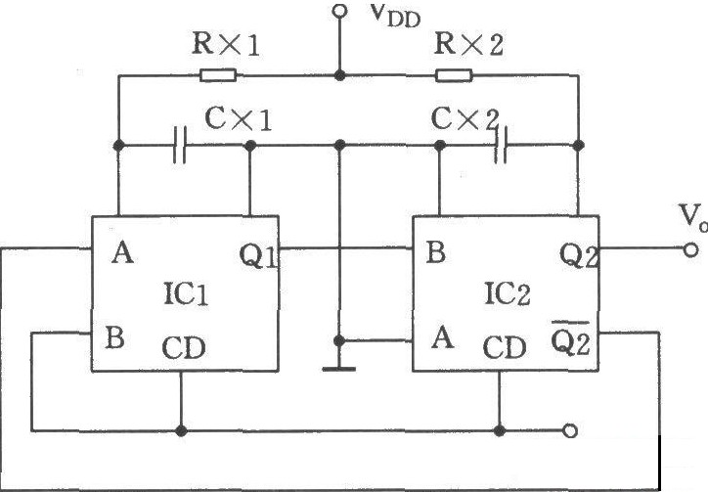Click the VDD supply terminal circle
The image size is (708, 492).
[x=339, y=11]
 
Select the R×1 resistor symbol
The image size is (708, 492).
[x=218, y=75]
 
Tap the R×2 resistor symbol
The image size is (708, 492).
[x=454, y=75]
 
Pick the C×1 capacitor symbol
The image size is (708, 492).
[x=179, y=145]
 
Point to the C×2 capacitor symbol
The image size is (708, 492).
[x=501, y=145]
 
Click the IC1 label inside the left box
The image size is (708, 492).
[x=186, y=293]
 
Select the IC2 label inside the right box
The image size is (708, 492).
[x=508, y=293]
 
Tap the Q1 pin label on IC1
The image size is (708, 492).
[x=259, y=255]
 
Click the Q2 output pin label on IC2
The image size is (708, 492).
[x=579, y=255]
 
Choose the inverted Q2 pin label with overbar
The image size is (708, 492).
[x=571, y=338]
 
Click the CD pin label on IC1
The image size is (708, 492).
[x=184, y=347]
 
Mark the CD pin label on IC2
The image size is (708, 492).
[x=505, y=347]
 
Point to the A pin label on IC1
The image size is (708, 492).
[x=123, y=252]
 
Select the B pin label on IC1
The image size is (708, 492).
[x=114, y=337]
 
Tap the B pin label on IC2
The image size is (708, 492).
[x=436, y=252]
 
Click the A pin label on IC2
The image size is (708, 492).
[x=442, y=337]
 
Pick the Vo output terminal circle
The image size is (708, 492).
[x=690, y=249]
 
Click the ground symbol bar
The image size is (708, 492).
[x=339, y=369]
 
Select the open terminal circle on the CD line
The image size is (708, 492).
[x=571, y=431]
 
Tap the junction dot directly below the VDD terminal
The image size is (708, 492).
[x=339, y=75]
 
